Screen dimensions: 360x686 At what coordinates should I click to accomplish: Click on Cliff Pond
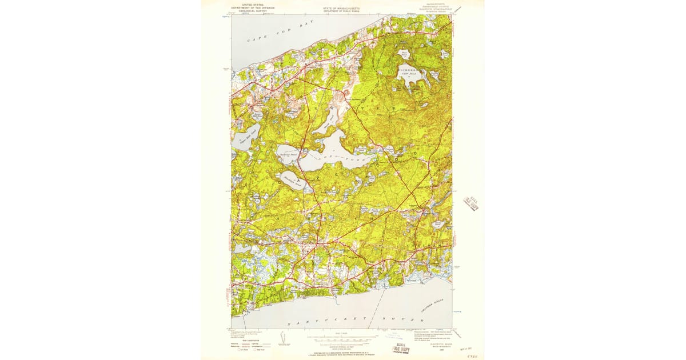(x=410, y=79)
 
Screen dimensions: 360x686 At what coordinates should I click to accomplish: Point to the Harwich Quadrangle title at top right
(x=432, y=10)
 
